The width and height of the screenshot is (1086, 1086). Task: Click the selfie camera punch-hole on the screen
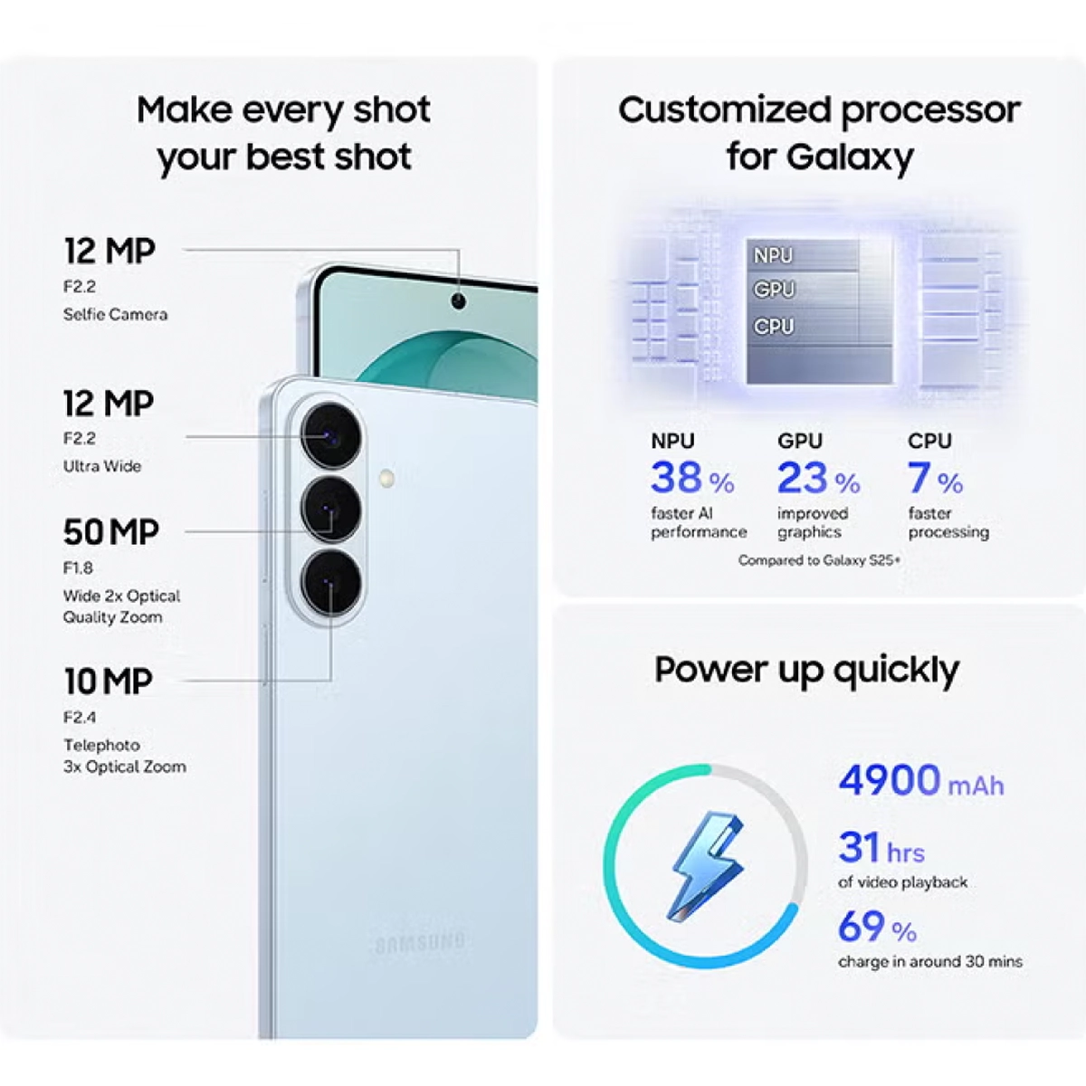[x=459, y=301]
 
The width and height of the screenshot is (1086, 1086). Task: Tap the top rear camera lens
[x=330, y=436]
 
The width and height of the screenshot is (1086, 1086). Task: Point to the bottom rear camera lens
[x=330, y=584]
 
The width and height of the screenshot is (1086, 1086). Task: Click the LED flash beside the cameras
[x=386, y=479]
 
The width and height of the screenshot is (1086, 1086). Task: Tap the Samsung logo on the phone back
[x=420, y=942]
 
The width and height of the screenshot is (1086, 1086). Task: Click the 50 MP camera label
[x=111, y=531]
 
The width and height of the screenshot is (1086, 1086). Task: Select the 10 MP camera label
[x=109, y=681]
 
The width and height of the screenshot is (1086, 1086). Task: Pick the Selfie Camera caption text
[x=116, y=314]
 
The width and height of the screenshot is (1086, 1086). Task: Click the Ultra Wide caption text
[x=102, y=466]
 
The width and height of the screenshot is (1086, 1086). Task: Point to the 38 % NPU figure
[x=692, y=479]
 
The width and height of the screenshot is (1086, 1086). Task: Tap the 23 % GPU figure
[x=819, y=479]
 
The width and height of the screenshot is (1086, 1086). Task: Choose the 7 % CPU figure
[x=935, y=479]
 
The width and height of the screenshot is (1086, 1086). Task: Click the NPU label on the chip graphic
[x=773, y=256]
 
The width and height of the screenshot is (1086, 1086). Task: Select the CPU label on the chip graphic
[x=773, y=327]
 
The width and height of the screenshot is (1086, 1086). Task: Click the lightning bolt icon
[x=707, y=867]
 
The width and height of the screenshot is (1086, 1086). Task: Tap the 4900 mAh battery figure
[x=921, y=780]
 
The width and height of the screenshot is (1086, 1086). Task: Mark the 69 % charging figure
[x=878, y=927]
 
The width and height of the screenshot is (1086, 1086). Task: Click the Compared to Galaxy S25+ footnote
[x=819, y=560]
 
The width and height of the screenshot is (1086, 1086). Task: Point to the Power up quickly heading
[x=806, y=671]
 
